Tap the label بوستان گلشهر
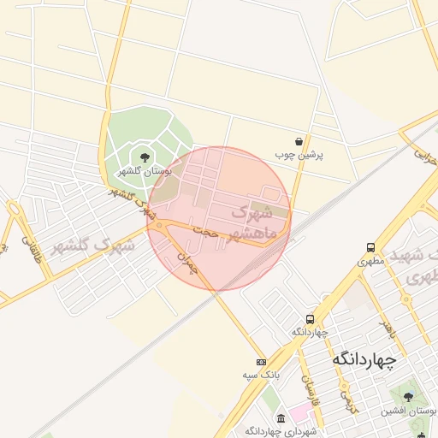pos(144,172)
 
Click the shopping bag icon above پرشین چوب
pos(298,142)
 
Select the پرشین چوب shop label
pos(296,156)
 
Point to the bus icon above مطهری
pos(370,246)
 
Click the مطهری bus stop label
pos(368,260)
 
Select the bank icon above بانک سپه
pos(261,362)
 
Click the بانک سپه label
pos(261,376)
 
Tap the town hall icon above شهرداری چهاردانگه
pos(281,418)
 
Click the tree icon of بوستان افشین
pos(408,397)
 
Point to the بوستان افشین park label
pos(409,411)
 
